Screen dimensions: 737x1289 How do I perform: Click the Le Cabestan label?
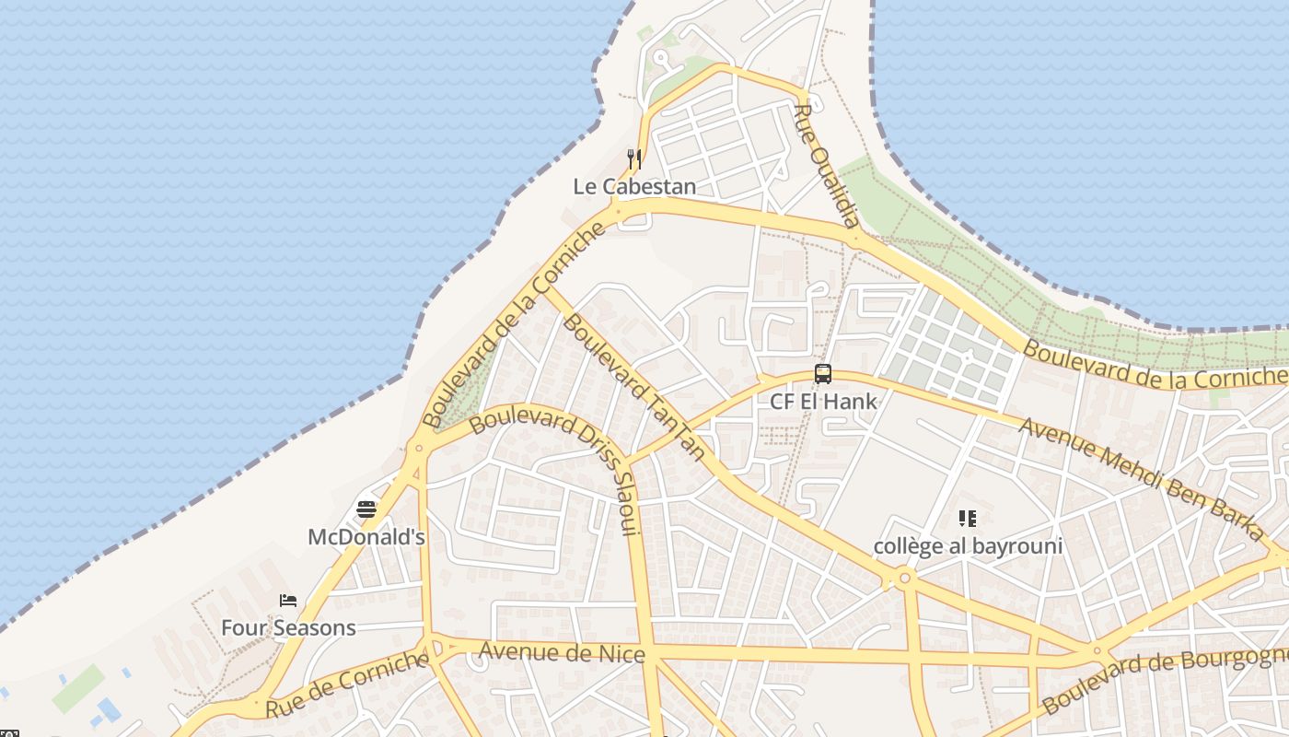click(634, 186)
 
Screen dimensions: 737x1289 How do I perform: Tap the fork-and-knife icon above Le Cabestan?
click(633, 158)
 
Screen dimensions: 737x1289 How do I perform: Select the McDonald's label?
click(366, 536)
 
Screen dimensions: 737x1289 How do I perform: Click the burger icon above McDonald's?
click(366, 509)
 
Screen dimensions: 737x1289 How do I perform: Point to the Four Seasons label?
click(288, 628)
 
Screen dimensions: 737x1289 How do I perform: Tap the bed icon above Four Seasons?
click(288, 601)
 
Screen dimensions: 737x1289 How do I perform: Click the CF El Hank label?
click(823, 402)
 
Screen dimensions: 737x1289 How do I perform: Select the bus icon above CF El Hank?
click(823, 374)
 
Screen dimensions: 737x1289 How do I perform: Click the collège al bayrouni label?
click(968, 546)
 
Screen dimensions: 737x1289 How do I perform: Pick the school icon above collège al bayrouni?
click(967, 519)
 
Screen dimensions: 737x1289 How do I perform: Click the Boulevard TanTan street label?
click(634, 387)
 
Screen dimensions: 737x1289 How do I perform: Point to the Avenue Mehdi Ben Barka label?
click(1142, 479)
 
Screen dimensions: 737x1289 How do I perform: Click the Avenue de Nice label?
click(562, 653)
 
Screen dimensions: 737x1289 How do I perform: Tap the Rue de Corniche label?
click(347, 684)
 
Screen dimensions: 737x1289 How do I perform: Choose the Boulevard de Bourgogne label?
click(1165, 680)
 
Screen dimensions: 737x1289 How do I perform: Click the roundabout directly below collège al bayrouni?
click(904, 578)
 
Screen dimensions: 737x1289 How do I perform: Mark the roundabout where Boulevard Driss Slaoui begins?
click(419, 449)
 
